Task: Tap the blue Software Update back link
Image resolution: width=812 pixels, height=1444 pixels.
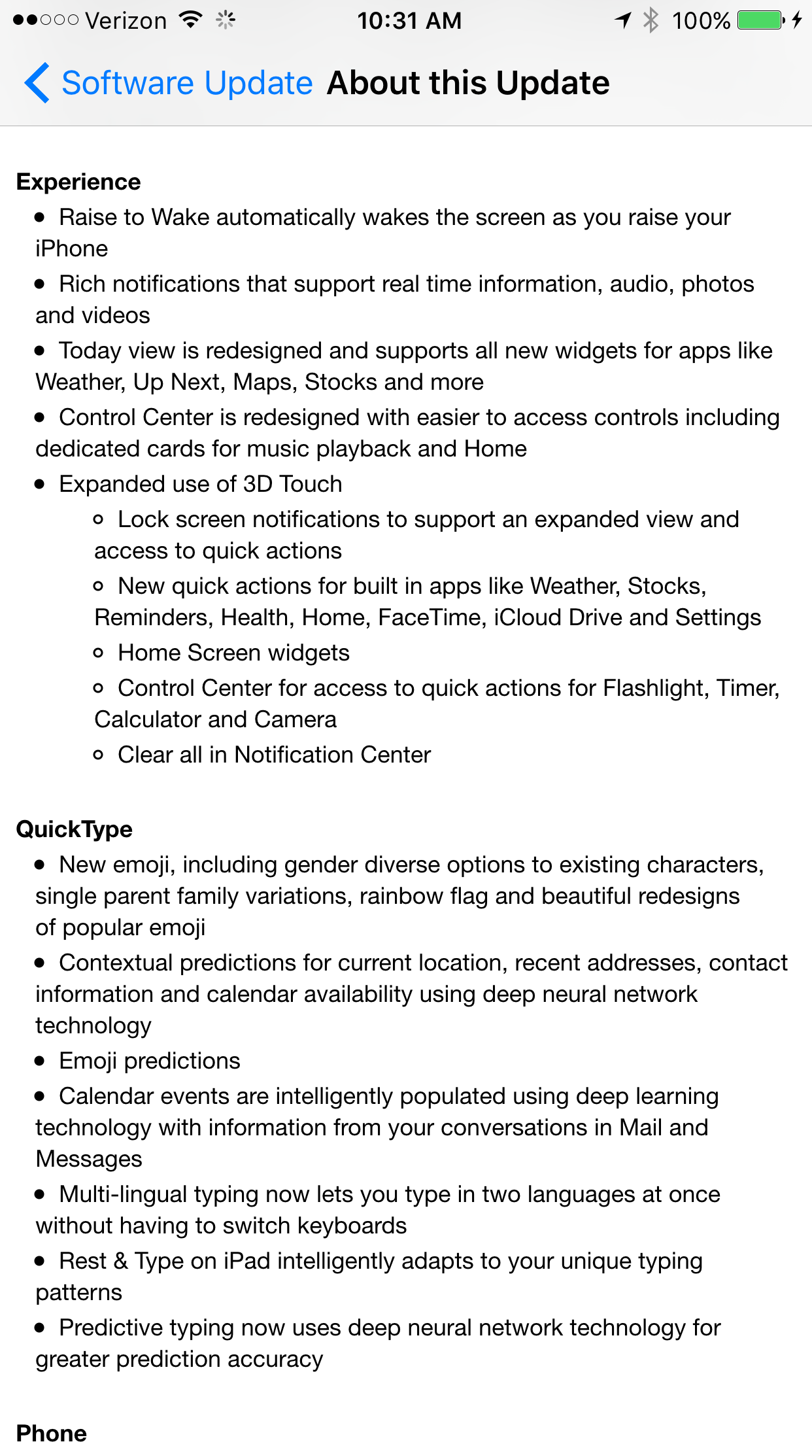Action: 187,84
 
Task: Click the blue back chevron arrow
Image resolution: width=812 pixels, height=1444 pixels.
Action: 37,83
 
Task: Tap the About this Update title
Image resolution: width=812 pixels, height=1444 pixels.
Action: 468,84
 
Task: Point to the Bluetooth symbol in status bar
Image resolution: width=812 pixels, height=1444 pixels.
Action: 651,20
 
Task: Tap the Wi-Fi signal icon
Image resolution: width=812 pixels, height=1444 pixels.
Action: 190,20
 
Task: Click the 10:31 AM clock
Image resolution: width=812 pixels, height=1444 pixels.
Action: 409,21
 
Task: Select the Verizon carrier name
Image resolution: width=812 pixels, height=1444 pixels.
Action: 126,21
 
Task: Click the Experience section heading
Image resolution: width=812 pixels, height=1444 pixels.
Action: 78,182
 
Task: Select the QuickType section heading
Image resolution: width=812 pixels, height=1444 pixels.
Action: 75,829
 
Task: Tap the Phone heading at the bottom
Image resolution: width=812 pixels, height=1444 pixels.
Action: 52,1432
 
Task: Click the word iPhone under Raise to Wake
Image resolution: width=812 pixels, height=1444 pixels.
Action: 72,249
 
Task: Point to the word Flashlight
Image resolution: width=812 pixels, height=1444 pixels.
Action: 653,688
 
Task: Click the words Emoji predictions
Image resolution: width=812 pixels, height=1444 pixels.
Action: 150,1061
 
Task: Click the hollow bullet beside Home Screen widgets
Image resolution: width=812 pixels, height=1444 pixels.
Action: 98,653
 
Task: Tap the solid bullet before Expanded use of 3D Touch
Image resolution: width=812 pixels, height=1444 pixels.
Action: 41,485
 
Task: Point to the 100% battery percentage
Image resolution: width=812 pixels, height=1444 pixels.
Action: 701,21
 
